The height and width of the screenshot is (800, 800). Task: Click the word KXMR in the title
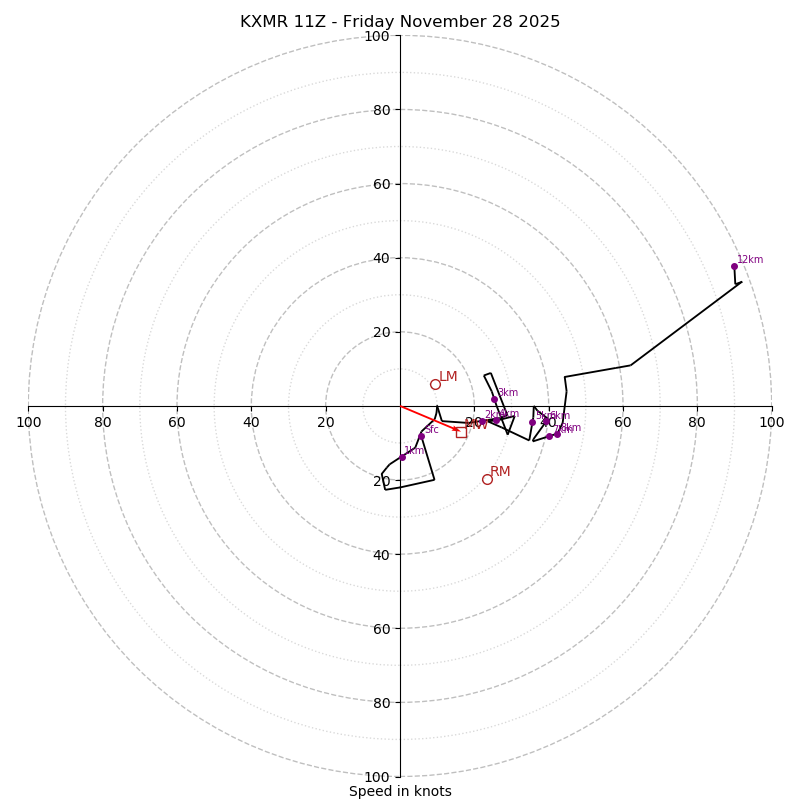point(264,22)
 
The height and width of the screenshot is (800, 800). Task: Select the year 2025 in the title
point(535,22)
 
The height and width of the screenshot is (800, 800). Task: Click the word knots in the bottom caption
point(432,792)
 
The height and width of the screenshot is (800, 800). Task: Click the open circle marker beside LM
point(435,384)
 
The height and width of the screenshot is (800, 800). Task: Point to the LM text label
point(448,377)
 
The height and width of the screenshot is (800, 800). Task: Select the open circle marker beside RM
point(487,479)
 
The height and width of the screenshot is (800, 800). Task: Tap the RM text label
point(500,472)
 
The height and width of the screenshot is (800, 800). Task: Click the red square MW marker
point(461,432)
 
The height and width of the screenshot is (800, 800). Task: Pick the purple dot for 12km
point(734,266)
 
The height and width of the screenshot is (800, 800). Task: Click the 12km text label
point(750,260)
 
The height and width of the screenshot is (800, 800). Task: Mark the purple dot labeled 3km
point(494,399)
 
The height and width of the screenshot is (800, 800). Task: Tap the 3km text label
point(508,393)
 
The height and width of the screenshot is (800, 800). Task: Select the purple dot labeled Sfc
point(421,436)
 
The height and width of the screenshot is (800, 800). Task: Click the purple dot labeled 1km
point(403,457)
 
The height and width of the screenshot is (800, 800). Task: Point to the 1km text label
point(414,451)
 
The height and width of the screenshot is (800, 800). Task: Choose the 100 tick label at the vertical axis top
point(376,37)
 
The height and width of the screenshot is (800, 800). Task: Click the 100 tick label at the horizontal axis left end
point(28,423)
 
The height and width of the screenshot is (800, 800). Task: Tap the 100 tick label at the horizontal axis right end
point(771,423)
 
